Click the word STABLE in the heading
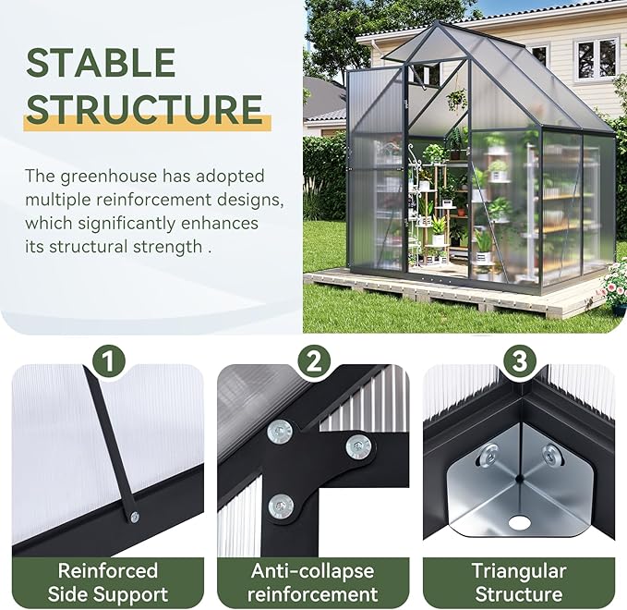click(101, 63)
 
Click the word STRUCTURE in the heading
click(144, 109)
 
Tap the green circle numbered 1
click(109, 361)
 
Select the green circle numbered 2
click(314, 361)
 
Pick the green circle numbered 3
click(519, 361)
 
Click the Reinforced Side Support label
click(108, 582)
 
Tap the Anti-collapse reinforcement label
click(313, 582)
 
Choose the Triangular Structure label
click(518, 582)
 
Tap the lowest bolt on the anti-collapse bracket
click(281, 505)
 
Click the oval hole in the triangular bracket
click(520, 523)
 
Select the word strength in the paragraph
click(167, 247)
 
